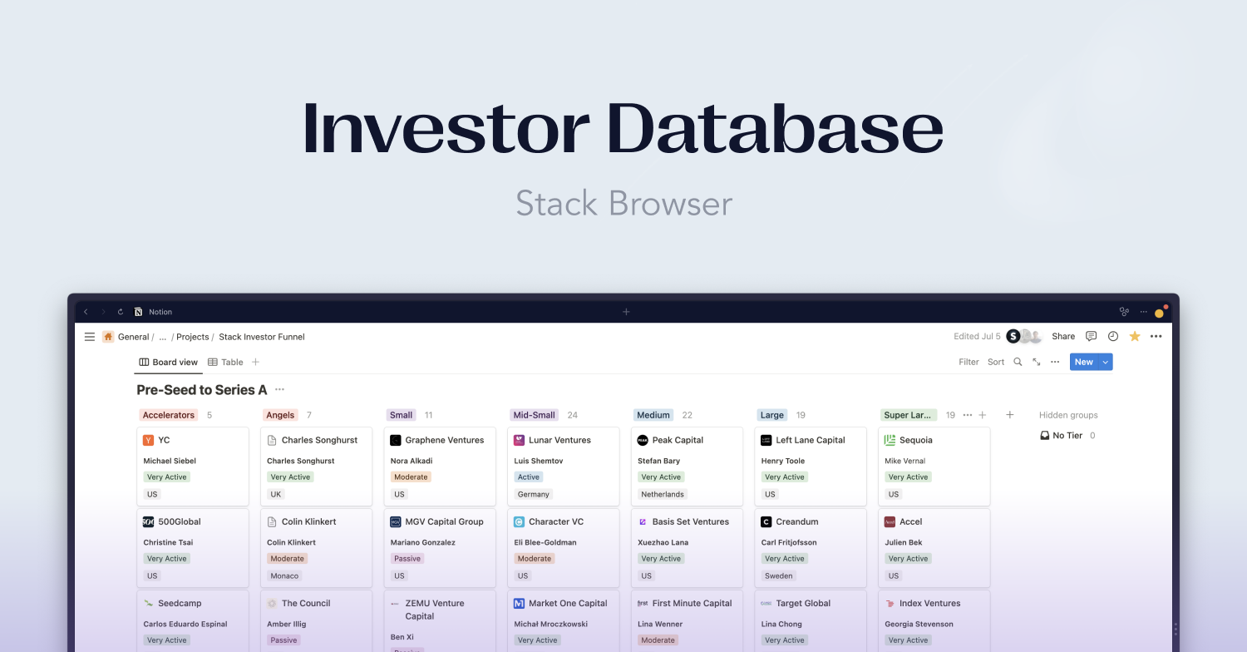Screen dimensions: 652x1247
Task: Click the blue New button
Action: click(1083, 362)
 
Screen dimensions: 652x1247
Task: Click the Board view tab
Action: click(169, 362)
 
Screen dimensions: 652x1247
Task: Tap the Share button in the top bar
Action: click(1063, 337)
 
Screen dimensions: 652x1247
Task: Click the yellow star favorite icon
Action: click(1135, 337)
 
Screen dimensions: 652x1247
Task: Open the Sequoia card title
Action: click(915, 440)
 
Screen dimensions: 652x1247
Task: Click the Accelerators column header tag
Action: click(169, 415)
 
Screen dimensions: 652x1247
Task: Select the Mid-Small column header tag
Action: click(534, 415)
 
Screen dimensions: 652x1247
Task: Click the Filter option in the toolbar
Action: click(969, 362)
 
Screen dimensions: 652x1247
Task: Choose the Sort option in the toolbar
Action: click(996, 362)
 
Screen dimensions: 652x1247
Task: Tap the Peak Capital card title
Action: click(678, 440)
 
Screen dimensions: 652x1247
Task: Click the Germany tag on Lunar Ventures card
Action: click(534, 494)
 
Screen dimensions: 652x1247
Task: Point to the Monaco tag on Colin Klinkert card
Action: click(284, 575)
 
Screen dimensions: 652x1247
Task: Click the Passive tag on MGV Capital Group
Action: click(407, 559)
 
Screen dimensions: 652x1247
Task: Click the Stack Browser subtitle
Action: click(623, 204)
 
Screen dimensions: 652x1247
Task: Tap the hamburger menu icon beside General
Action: click(90, 337)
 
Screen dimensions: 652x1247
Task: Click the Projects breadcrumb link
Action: click(192, 337)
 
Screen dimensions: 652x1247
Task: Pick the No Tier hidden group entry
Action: click(1067, 436)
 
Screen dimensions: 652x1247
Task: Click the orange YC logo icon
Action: click(149, 440)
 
